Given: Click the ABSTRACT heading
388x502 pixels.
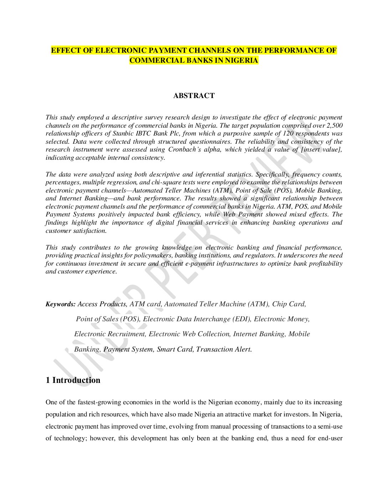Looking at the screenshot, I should click(194, 96).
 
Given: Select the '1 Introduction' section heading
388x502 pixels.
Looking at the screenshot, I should click(73, 380).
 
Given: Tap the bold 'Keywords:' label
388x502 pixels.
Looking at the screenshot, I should click(60, 304).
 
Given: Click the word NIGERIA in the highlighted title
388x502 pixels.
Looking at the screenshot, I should click(241, 60).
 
